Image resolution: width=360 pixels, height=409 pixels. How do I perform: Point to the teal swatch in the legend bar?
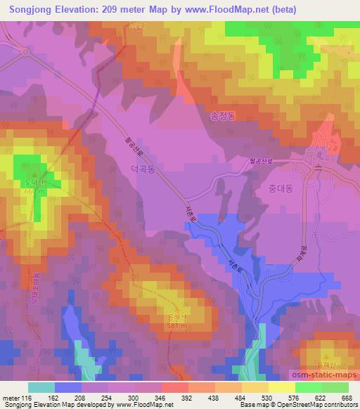[41, 387]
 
